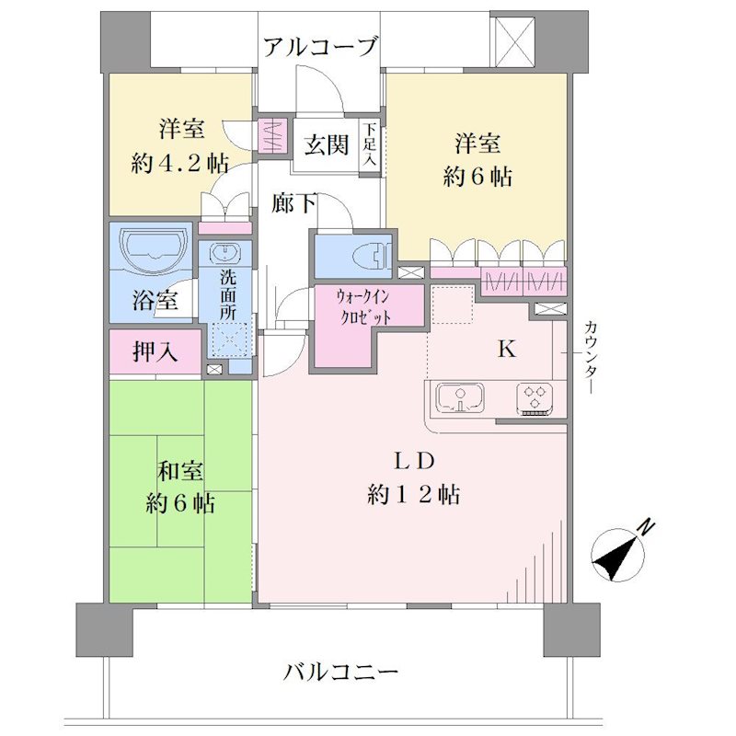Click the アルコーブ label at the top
320,48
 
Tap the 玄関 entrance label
327,144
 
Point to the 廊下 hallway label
293,203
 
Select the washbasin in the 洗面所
224,254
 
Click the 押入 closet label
155,351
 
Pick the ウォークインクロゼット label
363,308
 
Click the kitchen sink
460,397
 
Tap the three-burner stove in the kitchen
535,399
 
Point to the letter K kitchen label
507,350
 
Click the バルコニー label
340,672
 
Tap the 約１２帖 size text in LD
413,494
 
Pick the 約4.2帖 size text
180,164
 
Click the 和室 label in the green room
179,472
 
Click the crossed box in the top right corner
512,42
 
